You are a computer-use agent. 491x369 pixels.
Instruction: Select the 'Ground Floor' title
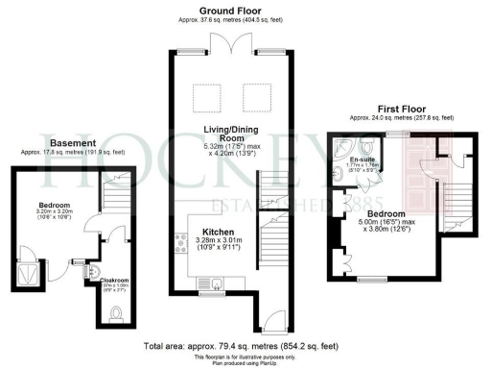point(231,10)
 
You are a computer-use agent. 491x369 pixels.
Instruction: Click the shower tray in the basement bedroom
point(29,274)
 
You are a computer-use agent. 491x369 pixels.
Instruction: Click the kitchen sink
point(217,282)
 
